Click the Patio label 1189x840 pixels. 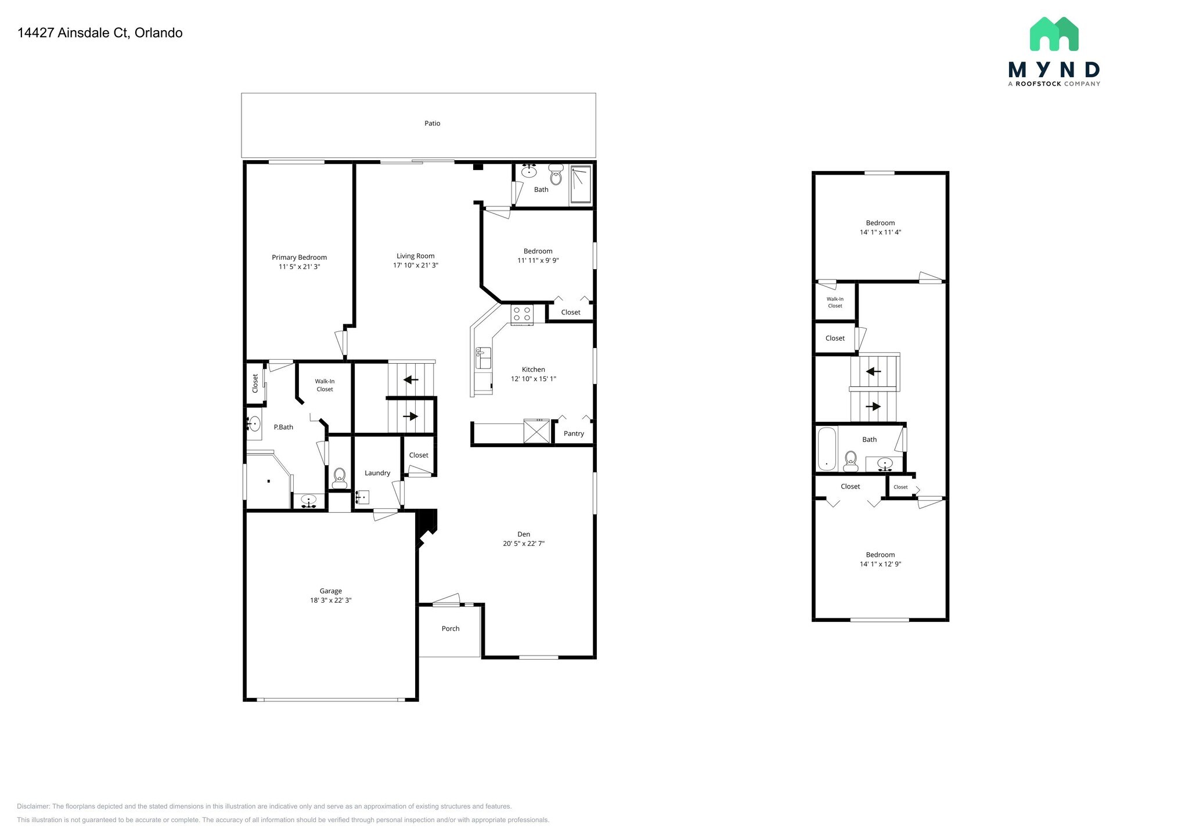432,124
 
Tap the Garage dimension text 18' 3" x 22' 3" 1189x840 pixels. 330,600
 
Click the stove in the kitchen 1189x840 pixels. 522,314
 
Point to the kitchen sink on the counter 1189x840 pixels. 483,358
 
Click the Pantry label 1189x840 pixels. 574,433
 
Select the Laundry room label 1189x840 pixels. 377,473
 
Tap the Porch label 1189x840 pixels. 451,628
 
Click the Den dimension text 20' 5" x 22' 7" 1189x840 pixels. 524,544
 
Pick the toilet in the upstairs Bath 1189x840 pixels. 851,461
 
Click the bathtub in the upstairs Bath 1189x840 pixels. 826,448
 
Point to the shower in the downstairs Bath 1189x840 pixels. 580,184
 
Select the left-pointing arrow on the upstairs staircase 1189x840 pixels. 873,371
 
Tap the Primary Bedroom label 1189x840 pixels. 299,257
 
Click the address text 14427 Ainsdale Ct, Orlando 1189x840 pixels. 100,33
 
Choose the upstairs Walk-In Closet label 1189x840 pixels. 835,302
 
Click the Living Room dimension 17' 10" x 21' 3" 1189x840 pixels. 415,265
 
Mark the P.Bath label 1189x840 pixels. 283,427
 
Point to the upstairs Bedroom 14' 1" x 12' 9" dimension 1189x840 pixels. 880,564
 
